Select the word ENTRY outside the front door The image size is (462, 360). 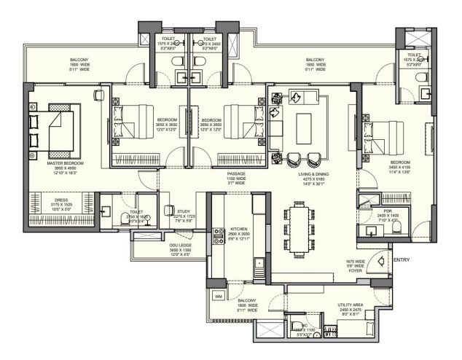[x=402, y=259]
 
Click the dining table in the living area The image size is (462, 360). [x=299, y=226]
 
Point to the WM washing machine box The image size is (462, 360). [x=218, y=296]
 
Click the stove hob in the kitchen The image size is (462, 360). [x=216, y=235]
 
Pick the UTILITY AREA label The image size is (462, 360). [x=350, y=308]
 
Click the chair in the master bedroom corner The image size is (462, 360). [x=98, y=95]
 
